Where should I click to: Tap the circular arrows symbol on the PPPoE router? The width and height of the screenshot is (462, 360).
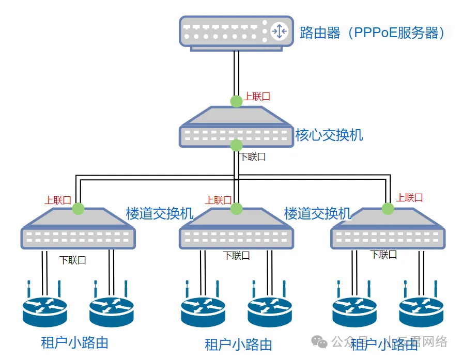[x=279, y=32]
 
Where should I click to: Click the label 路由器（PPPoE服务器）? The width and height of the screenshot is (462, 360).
[x=372, y=33]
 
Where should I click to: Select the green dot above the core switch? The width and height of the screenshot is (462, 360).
[x=236, y=101]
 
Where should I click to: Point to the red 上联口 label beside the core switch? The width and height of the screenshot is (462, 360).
[x=257, y=97]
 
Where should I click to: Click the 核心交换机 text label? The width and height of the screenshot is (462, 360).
[x=329, y=135]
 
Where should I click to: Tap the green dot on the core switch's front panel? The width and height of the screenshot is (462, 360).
[x=236, y=145]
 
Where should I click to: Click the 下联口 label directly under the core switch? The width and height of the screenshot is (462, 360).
[x=253, y=157]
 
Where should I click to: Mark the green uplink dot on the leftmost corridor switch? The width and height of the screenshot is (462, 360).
[x=78, y=208]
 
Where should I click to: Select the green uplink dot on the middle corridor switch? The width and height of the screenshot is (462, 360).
[x=236, y=208]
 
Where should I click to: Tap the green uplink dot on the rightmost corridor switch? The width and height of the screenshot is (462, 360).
[x=388, y=208]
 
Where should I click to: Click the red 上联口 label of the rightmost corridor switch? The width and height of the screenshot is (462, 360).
[x=410, y=197]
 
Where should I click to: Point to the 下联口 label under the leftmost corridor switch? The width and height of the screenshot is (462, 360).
[x=73, y=260]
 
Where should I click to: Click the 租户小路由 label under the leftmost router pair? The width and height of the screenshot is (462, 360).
[x=74, y=342]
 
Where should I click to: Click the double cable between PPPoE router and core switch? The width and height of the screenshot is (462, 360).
[x=236, y=72]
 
